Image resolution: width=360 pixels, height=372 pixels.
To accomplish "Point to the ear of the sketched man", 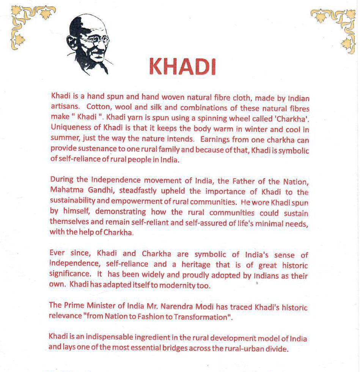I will (x=75, y=43).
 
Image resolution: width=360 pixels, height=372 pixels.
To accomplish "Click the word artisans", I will (x=63, y=107).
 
